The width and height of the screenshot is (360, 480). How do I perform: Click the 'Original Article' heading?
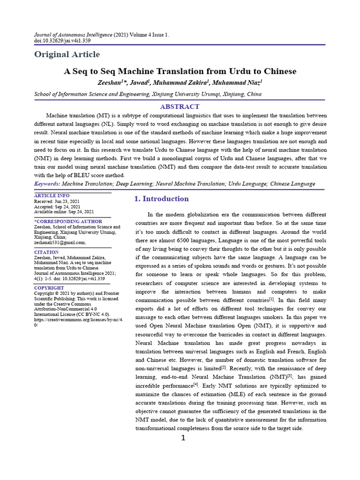(67, 54)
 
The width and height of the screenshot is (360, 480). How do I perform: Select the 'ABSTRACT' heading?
(180, 106)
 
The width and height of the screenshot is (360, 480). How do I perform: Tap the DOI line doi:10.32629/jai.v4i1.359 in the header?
(62, 41)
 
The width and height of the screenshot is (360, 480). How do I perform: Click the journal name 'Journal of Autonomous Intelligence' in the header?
(73, 35)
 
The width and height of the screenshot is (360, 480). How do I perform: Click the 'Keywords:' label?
(47, 184)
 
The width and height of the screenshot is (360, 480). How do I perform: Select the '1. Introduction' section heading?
(161, 199)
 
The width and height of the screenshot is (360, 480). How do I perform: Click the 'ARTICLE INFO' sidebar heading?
(52, 195)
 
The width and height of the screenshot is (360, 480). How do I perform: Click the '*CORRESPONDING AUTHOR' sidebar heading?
(68, 221)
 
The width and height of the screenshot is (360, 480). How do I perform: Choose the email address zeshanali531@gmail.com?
(60, 242)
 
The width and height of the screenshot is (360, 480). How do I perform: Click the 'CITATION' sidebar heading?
(46, 252)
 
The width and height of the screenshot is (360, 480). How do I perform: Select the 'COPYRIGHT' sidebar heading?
(49, 288)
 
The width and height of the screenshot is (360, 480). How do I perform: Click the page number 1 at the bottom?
(183, 438)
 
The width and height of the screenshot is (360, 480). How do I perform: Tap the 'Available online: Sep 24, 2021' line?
(64, 211)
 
